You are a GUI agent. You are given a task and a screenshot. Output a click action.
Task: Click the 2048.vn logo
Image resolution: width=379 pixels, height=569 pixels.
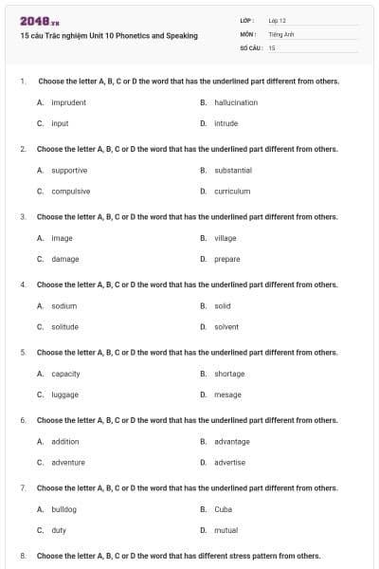[40, 20]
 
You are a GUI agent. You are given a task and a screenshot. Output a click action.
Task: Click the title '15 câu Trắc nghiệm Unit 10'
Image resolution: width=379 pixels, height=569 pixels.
[108, 36]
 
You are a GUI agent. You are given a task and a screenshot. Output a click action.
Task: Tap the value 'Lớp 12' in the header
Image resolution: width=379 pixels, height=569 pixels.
[278, 20]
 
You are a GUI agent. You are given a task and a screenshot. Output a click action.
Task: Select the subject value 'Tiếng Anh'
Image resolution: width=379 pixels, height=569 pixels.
[282, 33]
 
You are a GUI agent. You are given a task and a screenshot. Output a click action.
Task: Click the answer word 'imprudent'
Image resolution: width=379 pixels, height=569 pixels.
[69, 102]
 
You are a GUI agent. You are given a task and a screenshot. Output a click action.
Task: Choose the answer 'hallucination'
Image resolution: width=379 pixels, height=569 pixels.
[236, 102]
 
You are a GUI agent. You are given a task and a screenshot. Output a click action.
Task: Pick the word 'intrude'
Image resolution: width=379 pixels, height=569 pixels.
[226, 123]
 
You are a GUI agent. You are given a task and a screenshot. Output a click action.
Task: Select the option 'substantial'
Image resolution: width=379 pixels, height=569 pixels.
[233, 171]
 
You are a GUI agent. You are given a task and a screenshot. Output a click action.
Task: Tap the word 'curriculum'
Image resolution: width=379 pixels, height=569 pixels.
[232, 192]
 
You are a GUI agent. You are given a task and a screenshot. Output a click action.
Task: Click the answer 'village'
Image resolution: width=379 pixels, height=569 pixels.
[226, 238]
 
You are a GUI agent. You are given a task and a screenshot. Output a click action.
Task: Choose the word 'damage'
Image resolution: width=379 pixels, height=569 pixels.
[65, 259]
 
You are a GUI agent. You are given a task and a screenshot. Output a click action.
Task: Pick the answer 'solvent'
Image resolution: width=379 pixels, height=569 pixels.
[226, 327]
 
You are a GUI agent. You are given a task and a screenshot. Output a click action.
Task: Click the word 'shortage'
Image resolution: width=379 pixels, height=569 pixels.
[229, 374]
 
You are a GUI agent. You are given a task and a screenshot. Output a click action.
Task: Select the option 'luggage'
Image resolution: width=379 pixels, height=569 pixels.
[65, 395]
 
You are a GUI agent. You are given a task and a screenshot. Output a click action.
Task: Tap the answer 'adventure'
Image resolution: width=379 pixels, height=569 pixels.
[68, 463]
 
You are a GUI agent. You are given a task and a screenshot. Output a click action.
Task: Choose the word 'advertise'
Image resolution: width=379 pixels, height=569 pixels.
[230, 463]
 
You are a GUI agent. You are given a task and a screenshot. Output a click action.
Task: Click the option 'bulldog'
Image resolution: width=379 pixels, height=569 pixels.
[65, 509]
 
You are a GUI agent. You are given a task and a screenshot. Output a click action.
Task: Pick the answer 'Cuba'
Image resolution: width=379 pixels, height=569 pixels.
[224, 509]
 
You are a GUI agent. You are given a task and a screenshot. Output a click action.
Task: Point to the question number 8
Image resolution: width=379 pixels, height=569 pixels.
[22, 556]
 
